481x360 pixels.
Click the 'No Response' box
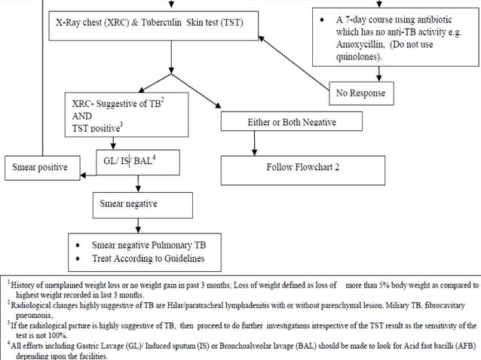(360, 93)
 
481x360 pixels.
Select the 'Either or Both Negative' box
(291, 122)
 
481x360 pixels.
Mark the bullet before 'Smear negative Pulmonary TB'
(81, 246)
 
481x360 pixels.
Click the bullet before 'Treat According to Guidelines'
(81, 258)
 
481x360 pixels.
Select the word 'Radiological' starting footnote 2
(32, 306)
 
